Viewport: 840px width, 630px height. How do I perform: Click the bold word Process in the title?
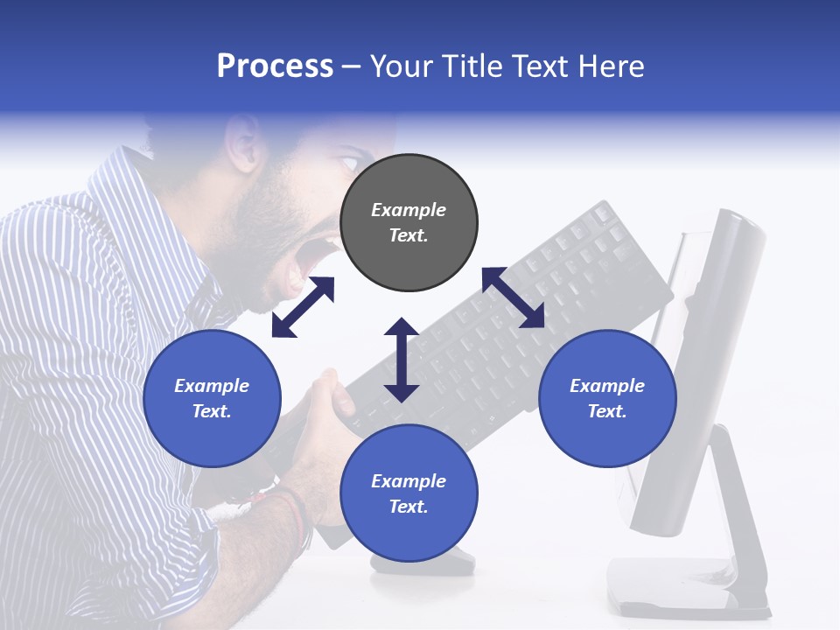[275, 66]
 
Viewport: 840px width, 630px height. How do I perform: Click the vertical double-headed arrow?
[402, 360]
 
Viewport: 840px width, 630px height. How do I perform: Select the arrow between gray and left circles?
[303, 306]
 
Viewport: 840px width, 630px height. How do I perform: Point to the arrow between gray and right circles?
[513, 297]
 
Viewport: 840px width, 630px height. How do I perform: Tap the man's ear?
[242, 143]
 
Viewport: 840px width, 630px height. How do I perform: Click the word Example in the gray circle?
[409, 210]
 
